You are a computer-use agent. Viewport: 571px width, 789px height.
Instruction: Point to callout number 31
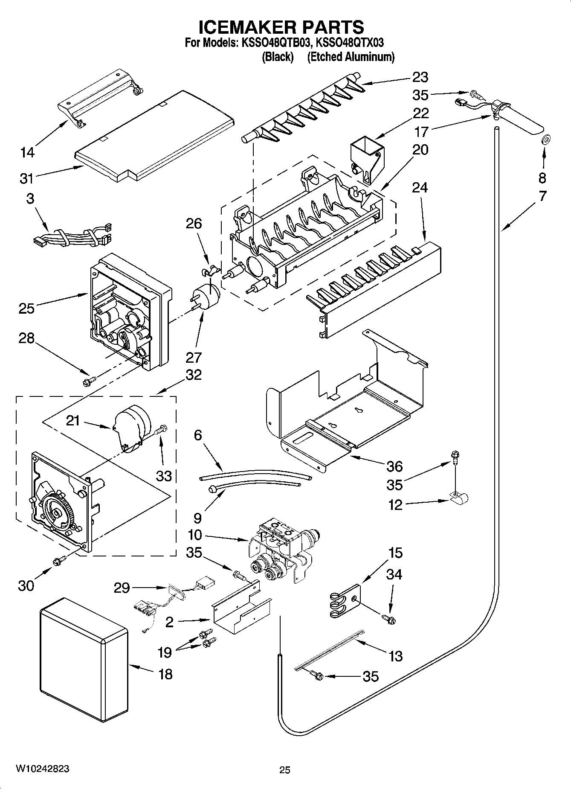26,178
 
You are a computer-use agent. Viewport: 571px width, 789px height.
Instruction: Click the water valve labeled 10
281,548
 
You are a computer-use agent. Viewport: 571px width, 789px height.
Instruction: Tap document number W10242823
42,769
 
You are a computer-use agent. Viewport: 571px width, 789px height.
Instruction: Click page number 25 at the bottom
284,770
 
